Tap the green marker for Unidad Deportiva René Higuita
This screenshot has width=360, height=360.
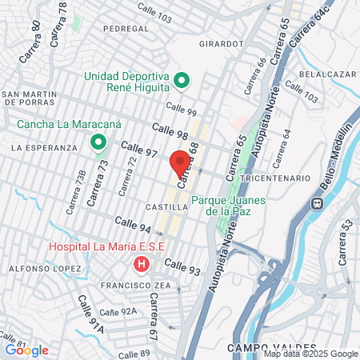[182, 80]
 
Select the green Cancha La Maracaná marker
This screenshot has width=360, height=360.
[98, 143]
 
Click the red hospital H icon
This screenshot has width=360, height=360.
[142, 263]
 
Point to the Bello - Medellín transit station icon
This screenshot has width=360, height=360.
[318, 202]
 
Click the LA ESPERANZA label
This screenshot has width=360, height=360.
[44, 148]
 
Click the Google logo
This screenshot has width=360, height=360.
[26, 350]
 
